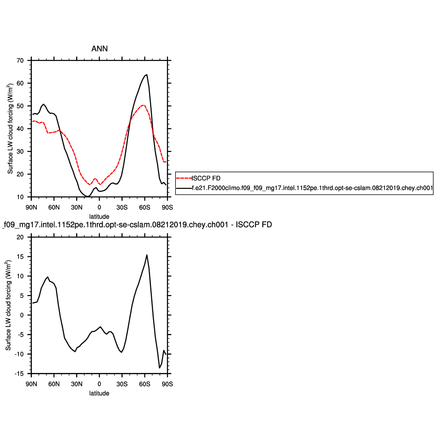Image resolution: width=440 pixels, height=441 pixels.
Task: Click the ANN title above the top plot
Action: [x=100, y=49]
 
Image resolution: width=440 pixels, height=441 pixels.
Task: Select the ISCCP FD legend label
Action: [x=206, y=177]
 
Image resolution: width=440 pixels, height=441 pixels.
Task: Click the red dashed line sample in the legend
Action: [x=184, y=177]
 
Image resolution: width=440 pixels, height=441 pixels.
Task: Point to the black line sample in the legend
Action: [x=184, y=190]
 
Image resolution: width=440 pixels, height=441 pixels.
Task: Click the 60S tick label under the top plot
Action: [x=145, y=207]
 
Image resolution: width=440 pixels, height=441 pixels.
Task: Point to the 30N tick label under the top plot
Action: [x=77, y=207]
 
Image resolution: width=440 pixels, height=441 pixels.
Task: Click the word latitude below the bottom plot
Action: [x=99, y=393]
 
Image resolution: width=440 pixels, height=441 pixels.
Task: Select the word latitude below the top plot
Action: [x=99, y=216]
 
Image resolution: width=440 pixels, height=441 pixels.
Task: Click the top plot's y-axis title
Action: [x=10, y=128]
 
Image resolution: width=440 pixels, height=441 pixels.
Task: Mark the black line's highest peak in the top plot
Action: [x=146, y=75]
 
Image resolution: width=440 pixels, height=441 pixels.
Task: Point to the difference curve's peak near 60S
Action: [x=146, y=255]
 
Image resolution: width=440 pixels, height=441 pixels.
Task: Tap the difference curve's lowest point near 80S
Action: [x=159, y=368]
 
